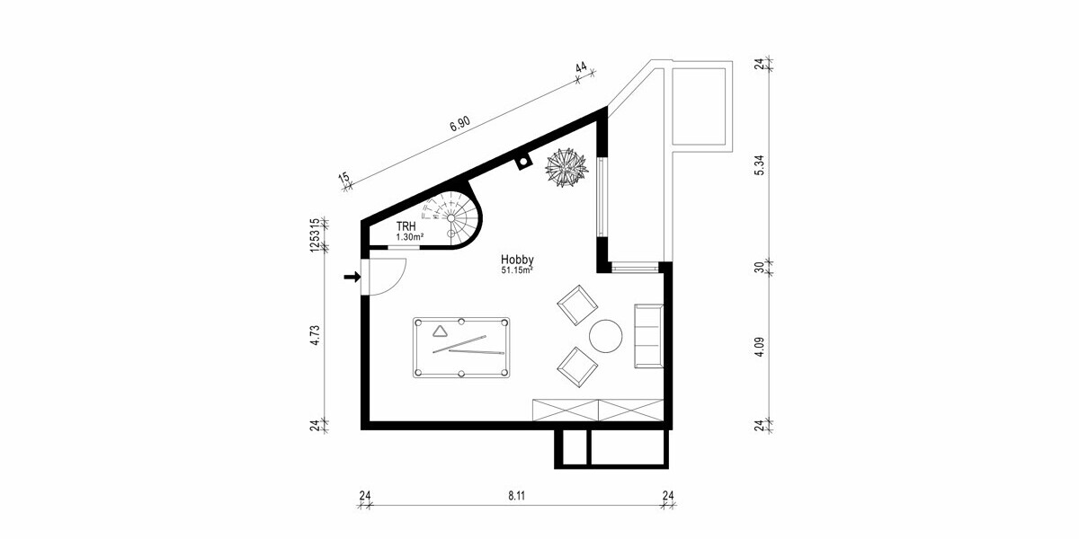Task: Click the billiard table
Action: pos(461,348)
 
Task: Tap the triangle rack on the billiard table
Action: pos(439,332)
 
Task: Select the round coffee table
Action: pos(605,336)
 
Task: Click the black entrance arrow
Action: pos(351,277)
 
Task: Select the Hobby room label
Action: pos(517,259)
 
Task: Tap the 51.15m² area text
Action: pos(517,269)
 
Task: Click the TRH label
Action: pos(406,226)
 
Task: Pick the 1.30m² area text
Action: pos(409,237)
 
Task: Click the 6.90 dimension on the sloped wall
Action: pos(459,125)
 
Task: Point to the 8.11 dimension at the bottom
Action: pos(516,495)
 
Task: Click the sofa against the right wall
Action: pos(648,336)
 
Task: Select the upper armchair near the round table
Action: pos(576,305)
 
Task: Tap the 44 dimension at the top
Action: pos(581,68)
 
